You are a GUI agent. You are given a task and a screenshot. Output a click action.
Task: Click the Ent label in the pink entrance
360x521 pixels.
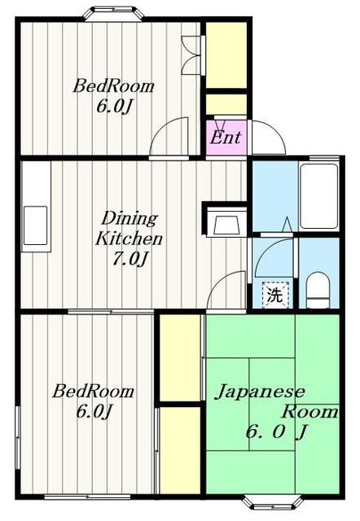pos(225,137)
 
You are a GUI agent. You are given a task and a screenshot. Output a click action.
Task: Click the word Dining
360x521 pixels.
pos(128,218)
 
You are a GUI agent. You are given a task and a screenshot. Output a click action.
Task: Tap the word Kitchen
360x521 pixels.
pos(130,239)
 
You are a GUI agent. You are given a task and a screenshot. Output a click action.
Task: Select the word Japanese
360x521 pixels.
pos(259,391)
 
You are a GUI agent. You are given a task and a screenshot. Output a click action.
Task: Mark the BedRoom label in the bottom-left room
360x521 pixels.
pos(93,392)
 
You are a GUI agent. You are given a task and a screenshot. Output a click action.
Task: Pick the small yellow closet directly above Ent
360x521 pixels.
pos(226,105)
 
